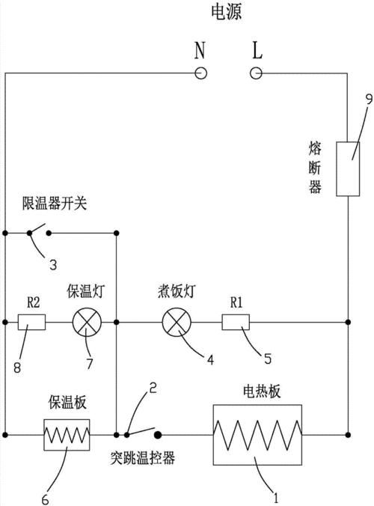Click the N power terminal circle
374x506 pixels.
200,73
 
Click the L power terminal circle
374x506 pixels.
256,73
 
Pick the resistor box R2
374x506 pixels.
32,323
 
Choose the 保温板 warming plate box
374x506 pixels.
67,433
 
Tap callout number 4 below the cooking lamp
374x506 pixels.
210,359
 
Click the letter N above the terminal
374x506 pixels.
200,50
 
